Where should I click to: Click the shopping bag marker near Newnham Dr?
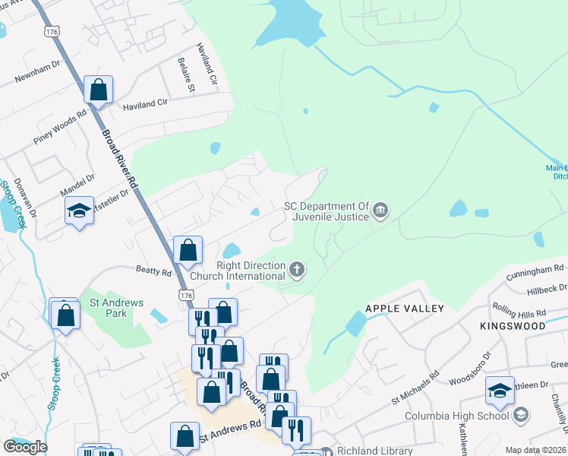click(x=99, y=90)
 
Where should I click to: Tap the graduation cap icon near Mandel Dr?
click(x=79, y=212)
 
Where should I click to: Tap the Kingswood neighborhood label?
click(x=513, y=325)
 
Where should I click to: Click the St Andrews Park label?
click(x=116, y=308)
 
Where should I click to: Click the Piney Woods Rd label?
click(x=60, y=126)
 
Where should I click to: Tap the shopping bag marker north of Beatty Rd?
click(x=188, y=249)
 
